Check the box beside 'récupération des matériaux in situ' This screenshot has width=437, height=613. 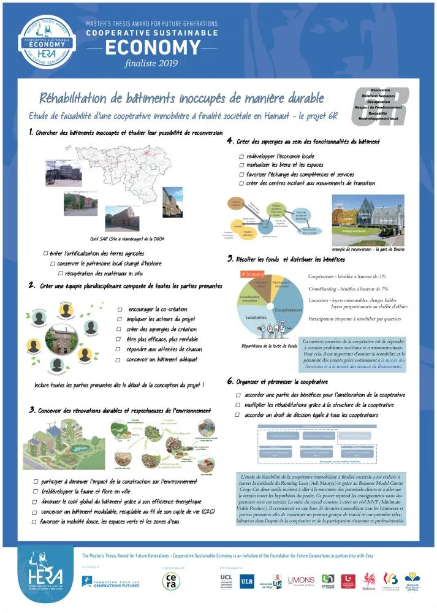[61, 273]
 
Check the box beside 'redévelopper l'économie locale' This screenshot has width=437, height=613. [241, 156]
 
